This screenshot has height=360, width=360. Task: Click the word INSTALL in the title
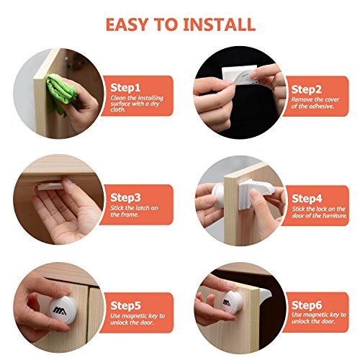[219, 24]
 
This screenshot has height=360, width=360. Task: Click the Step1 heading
[125, 88]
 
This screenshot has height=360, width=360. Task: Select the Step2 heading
[306, 89]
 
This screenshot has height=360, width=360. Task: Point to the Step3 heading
[125, 198]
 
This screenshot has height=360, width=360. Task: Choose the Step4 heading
[307, 199]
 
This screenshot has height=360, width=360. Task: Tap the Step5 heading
[125, 306]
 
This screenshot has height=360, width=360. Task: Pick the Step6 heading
[307, 305]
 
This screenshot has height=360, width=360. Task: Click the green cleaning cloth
[61, 92]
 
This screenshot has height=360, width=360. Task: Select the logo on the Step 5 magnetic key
[60, 310]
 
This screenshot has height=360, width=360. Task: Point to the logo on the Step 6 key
[226, 303]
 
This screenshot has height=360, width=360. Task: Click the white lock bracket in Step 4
[256, 192]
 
